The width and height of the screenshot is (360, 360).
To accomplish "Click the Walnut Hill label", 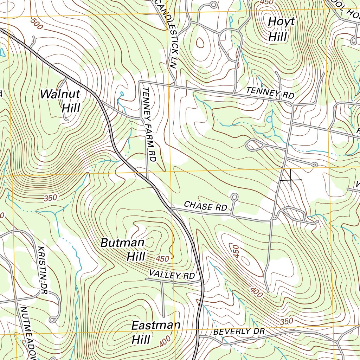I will pyautogui.click(x=60, y=101).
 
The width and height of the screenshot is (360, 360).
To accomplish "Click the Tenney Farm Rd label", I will pyautogui.click(x=149, y=125).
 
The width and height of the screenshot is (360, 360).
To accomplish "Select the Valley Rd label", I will pyautogui.click(x=172, y=274).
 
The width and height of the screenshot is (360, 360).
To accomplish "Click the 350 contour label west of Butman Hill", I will pyautogui.click(x=51, y=198).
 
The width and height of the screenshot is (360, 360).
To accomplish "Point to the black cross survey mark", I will pyautogui.click(x=291, y=180).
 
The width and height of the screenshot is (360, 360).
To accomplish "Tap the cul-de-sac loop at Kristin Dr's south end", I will pyautogui.click(x=53, y=320).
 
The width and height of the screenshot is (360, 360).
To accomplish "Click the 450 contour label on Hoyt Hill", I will pyautogui.click(x=266, y=2).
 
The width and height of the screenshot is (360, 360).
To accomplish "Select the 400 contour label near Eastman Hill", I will pyautogui.click(x=165, y=340).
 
